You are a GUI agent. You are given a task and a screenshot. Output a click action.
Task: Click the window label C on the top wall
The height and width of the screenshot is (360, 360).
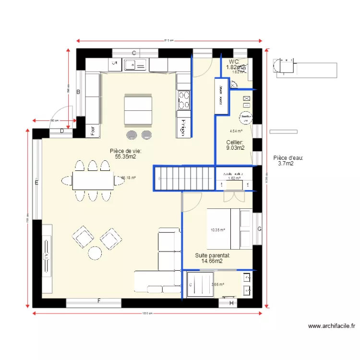(x=134, y=53)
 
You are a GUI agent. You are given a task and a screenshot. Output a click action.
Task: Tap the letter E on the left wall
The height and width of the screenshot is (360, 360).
(x=36, y=182)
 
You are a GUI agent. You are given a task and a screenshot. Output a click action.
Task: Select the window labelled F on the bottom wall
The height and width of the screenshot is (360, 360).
(x=99, y=301)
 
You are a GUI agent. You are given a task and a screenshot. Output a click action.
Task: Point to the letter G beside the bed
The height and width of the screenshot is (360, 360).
(x=259, y=229)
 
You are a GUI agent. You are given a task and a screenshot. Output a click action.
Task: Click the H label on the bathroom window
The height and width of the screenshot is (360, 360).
(x=231, y=303)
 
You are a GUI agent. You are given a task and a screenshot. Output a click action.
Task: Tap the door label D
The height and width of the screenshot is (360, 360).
(x=62, y=131)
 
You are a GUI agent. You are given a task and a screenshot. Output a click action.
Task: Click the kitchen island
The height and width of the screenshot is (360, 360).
(x=139, y=109)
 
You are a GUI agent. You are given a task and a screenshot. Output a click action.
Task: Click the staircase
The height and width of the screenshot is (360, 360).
(x=184, y=178)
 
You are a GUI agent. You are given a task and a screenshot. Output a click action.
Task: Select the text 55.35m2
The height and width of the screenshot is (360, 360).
(x=125, y=156)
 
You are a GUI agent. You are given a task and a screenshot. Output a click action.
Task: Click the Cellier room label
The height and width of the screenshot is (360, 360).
(x=235, y=142)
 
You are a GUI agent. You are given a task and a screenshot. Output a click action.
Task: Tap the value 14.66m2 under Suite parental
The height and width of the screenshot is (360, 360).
(x=212, y=262)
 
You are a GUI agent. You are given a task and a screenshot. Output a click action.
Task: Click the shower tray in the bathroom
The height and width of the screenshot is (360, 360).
(x=200, y=285)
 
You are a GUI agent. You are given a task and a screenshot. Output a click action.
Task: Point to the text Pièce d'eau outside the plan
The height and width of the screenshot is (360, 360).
(x=288, y=157)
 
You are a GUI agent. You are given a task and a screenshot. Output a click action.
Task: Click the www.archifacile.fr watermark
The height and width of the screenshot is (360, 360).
(x=332, y=326)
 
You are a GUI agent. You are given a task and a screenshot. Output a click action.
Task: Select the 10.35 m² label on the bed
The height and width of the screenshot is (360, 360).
(x=217, y=230)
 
